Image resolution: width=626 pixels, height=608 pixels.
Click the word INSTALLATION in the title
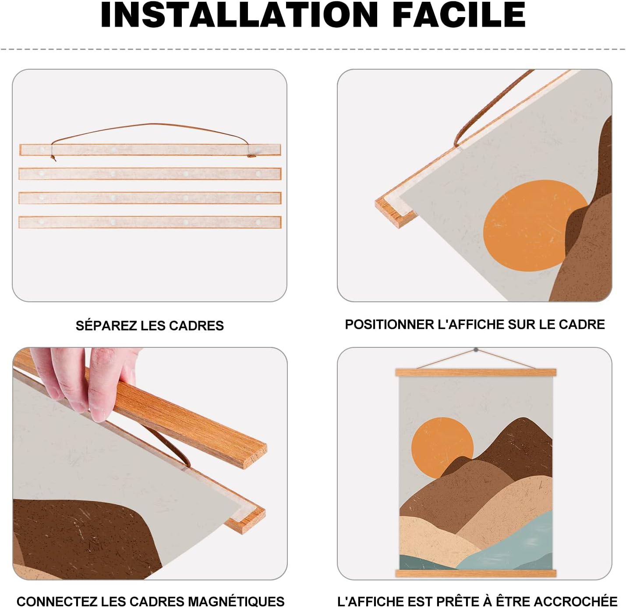[x=239, y=15]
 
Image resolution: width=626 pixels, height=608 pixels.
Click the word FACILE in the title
[x=459, y=15]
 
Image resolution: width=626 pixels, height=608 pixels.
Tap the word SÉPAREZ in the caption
[x=106, y=325]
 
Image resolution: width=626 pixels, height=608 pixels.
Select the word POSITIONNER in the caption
[x=389, y=325]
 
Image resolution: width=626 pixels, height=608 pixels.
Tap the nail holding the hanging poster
[x=476, y=350]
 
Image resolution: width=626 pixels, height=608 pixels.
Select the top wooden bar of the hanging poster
[x=475, y=372]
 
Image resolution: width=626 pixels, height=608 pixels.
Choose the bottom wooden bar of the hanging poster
[x=475, y=573]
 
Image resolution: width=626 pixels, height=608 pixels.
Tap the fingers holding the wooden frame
[x=84, y=383]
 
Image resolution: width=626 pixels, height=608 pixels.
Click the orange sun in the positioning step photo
[x=531, y=225]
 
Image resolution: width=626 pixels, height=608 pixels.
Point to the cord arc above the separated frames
[x=149, y=124]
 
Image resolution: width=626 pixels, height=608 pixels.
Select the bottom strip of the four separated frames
[x=150, y=222]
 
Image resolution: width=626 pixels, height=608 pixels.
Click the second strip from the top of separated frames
[x=150, y=174]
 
